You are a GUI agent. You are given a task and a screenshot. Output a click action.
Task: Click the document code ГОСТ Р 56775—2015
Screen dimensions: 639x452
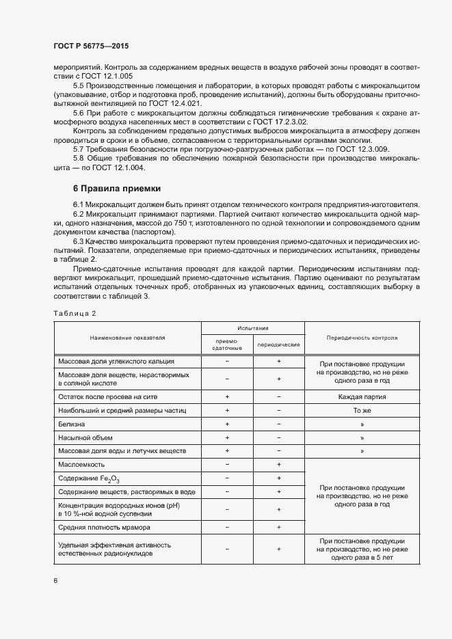90,46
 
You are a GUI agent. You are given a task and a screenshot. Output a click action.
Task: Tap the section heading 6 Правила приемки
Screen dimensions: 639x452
116,188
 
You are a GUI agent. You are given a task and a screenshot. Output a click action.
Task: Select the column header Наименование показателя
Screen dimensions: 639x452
127,338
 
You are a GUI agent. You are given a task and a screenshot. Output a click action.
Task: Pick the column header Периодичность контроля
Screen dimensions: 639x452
362,338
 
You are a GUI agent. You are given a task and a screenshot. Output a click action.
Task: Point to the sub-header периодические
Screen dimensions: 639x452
278,344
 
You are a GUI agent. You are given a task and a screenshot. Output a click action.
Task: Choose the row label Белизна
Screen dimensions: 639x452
72,424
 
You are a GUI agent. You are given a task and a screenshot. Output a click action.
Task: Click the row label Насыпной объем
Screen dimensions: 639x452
85,437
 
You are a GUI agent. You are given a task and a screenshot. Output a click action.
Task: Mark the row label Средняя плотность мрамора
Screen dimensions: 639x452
104,528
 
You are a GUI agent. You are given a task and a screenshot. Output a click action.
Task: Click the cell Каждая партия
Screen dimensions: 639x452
362,396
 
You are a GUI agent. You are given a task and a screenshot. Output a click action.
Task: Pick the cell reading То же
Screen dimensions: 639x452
362,411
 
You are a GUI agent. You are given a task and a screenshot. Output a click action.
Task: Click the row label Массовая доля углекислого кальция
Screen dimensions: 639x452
116,361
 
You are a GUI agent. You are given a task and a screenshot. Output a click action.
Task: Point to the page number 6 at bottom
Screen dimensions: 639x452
56,580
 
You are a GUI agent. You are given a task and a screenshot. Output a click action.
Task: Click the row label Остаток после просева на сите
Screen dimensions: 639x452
108,396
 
